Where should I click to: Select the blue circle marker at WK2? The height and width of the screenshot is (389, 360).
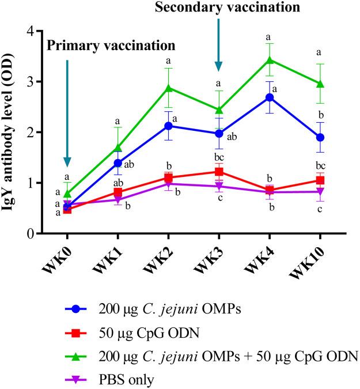coord(168,126)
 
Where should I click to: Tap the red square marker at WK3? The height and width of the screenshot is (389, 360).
coord(219,172)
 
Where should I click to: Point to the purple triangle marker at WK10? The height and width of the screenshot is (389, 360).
coord(320,192)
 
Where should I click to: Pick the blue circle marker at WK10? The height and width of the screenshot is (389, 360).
coord(320,137)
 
